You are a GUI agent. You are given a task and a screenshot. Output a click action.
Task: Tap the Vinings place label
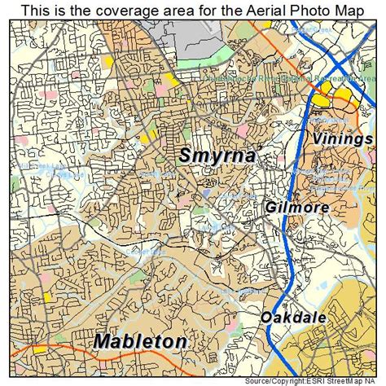(x=345, y=138)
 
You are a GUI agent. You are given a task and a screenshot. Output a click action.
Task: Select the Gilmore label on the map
(x=296, y=208)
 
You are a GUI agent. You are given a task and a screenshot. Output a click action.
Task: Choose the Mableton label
(x=139, y=340)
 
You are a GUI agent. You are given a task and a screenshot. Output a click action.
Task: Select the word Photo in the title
(x=305, y=11)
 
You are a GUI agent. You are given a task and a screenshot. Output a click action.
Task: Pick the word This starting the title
(x=39, y=11)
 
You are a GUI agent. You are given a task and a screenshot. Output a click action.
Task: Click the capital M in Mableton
(x=103, y=340)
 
